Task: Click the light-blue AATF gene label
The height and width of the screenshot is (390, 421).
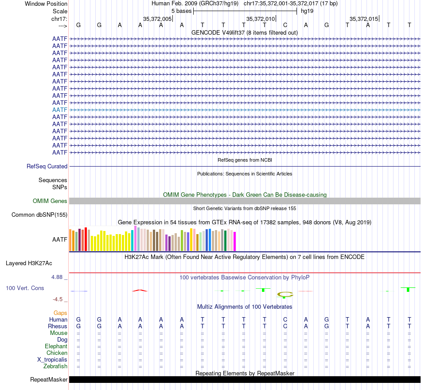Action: pos(60,110)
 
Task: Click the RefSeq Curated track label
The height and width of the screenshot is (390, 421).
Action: pos(47,166)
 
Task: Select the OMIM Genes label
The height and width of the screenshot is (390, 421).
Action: pos(50,201)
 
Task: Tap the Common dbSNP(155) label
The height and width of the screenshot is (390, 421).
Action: pos(39,215)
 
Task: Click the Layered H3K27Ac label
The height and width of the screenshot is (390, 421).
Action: pos(29,263)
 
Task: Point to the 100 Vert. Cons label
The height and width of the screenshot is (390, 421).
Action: pos(25,288)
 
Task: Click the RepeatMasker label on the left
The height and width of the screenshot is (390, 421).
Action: pos(49,380)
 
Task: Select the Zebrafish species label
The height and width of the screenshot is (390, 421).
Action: pos(55,366)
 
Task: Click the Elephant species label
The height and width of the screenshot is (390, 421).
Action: pos(56,346)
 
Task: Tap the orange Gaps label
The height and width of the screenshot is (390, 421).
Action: pos(60,313)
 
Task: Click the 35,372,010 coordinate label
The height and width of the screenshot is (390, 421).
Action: pos(261,19)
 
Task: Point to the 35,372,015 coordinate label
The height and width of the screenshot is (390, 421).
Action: pos(364,19)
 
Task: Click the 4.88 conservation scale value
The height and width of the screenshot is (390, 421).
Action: pos(59,277)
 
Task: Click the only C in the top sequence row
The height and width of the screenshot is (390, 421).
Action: pos(285,25)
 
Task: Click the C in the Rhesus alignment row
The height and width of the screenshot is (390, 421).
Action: pos(285,326)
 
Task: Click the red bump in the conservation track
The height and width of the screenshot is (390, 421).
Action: pos(140,291)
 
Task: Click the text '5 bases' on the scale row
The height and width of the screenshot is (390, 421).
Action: pos(181,11)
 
